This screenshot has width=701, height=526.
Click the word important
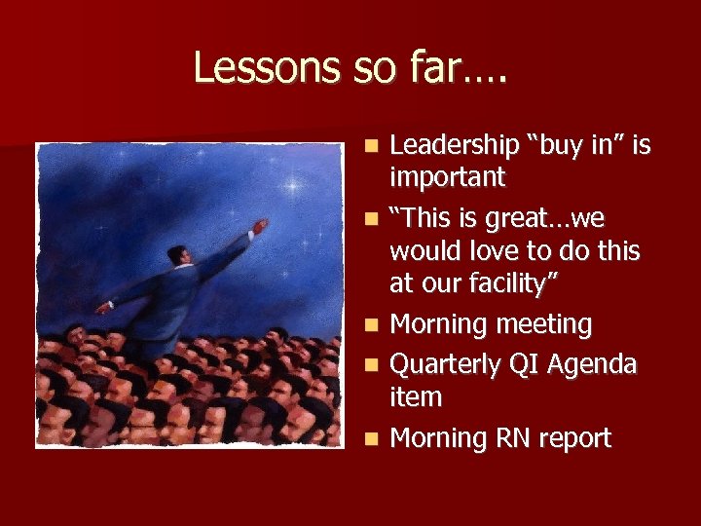tap(447, 178)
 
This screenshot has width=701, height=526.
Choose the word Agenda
tap(592, 363)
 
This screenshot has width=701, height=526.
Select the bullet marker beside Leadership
tap(372, 147)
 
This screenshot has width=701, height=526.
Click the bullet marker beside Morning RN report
tap(372, 439)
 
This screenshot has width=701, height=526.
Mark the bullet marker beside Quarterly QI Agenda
tap(372, 364)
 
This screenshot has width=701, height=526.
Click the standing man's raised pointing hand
tap(259, 226)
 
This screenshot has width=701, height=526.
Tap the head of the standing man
tap(176, 255)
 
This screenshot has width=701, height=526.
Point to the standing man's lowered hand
tap(103, 308)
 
